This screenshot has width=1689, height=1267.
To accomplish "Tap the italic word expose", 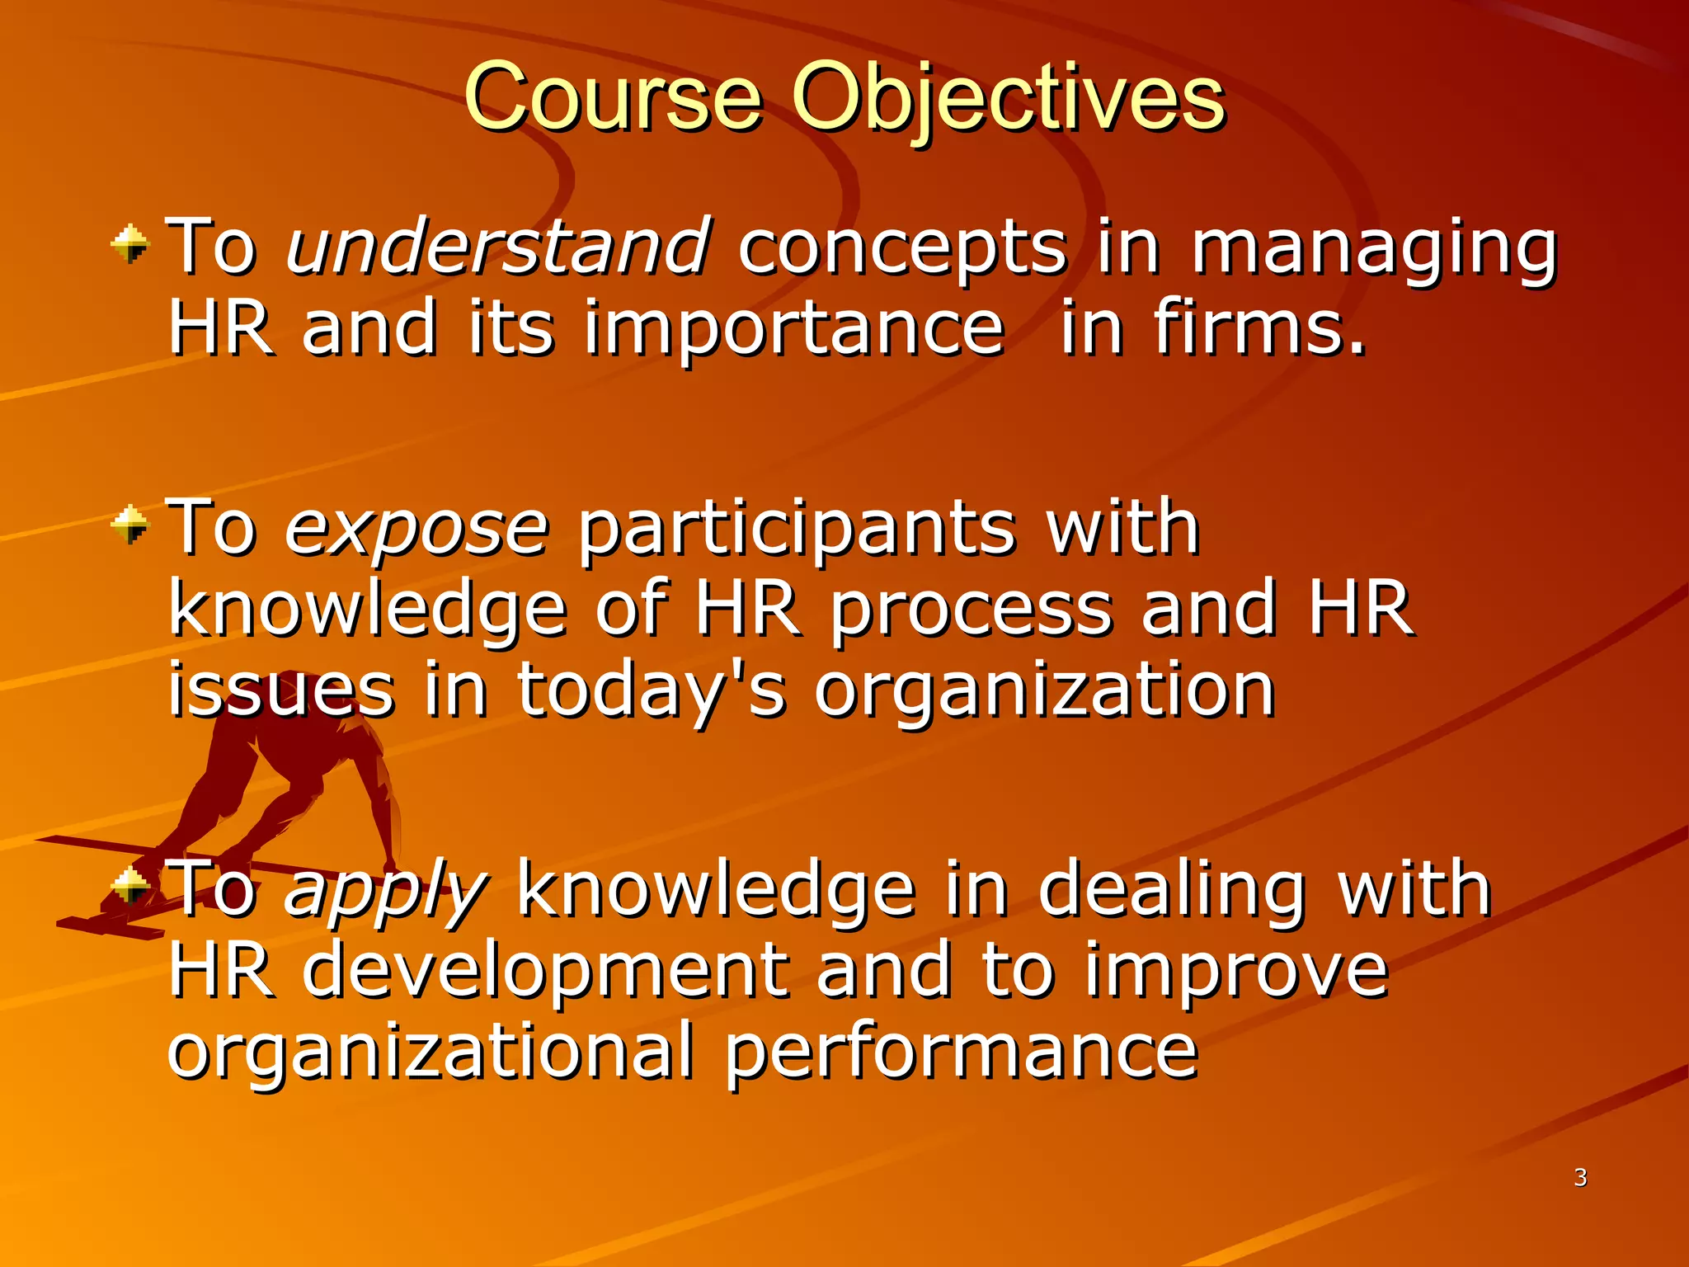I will point(416,528).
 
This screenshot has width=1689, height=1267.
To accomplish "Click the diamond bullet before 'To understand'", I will point(130,244).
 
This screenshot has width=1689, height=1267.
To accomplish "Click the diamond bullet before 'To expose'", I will point(130,525).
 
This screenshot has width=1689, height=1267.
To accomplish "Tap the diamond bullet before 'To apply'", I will point(130,888).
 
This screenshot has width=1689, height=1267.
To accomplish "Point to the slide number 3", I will point(1580,1177).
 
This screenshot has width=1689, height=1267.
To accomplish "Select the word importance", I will point(793,330).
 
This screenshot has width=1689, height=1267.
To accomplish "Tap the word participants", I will point(796,530).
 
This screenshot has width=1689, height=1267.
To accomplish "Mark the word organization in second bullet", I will point(1045,693).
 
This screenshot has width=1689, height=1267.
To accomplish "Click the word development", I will point(544,973).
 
